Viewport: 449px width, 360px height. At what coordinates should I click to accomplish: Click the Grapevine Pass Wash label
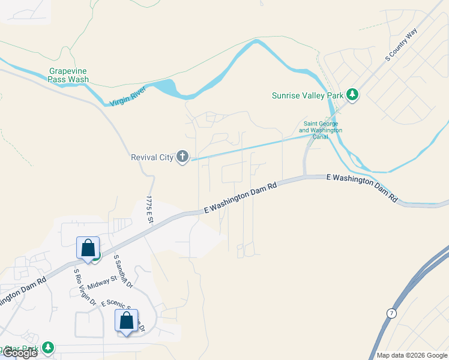click(68, 75)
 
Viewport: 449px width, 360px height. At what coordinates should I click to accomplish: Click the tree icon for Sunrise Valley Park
click(353, 95)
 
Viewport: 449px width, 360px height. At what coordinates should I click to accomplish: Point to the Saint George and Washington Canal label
click(321, 130)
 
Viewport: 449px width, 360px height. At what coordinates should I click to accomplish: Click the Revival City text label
click(152, 158)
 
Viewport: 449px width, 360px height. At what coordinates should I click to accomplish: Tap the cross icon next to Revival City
click(182, 157)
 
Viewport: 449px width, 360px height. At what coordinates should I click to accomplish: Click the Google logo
click(19, 353)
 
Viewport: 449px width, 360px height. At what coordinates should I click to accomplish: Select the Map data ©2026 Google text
click(412, 355)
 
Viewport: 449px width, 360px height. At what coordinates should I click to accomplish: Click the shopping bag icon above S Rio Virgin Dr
click(88, 248)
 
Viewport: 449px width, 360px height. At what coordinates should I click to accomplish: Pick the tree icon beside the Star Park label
click(47, 348)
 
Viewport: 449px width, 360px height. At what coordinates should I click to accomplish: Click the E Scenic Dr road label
click(123, 312)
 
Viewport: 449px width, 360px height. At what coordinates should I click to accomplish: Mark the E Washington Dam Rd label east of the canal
click(361, 187)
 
